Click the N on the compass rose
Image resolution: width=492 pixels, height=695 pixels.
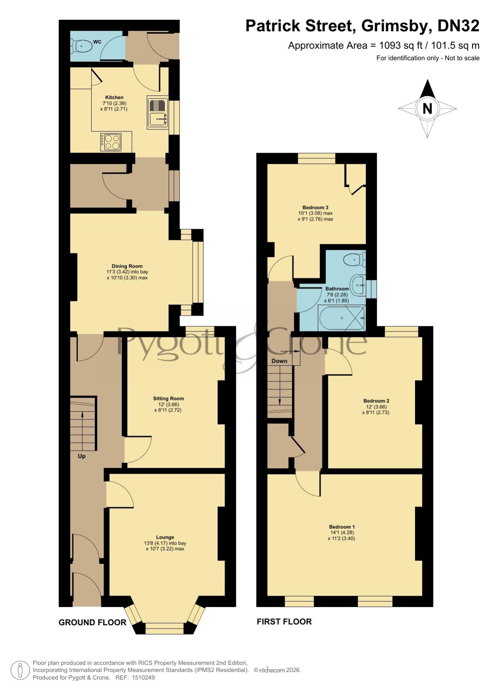point(427,109)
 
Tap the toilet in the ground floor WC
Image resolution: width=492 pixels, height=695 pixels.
point(82,46)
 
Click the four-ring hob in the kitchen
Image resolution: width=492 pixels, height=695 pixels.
point(111,142)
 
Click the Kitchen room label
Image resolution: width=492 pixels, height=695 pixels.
point(114,97)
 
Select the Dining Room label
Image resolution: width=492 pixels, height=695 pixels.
point(127,267)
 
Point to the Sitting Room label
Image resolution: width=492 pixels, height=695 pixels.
point(168,399)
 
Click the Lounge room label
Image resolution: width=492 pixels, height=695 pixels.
point(165,537)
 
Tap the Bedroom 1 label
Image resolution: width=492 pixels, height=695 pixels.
point(342,527)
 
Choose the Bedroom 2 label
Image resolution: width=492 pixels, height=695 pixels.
point(376,401)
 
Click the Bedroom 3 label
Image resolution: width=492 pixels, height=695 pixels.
point(315,208)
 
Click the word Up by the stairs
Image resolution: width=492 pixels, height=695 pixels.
point(82,456)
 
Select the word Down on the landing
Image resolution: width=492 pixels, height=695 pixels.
point(280,361)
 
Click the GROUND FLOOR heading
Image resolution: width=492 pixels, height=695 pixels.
point(92,623)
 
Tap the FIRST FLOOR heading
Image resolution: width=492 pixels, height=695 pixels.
point(284,622)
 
